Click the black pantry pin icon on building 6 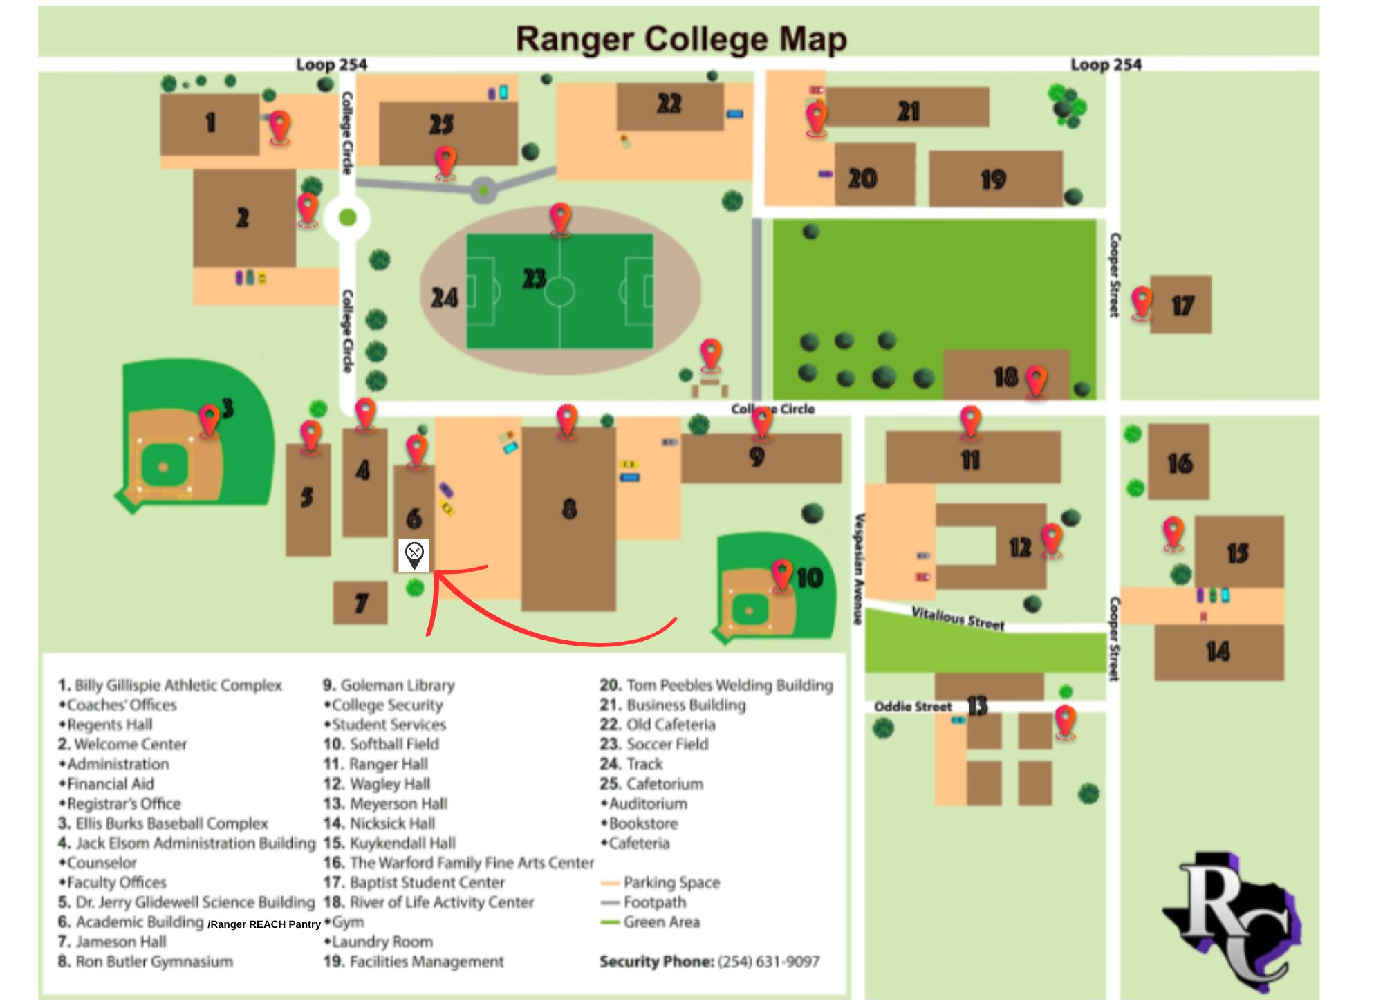pos(414,555)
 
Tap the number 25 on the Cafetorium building pos(441,124)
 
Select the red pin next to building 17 pos(1142,303)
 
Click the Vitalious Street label pos(958,617)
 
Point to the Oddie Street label pos(912,707)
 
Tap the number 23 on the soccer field pos(534,279)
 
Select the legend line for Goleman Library pos(389,685)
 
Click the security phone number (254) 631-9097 pos(768,962)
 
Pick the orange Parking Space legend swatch pos(610,883)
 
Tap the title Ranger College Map pos(681,39)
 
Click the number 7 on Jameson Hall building pos(361,604)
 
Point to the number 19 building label pos(993,180)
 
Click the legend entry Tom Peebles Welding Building pos(716,685)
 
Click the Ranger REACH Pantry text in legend pos(265,924)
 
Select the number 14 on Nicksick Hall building pos(1218,651)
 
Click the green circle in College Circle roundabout pos(348,218)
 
